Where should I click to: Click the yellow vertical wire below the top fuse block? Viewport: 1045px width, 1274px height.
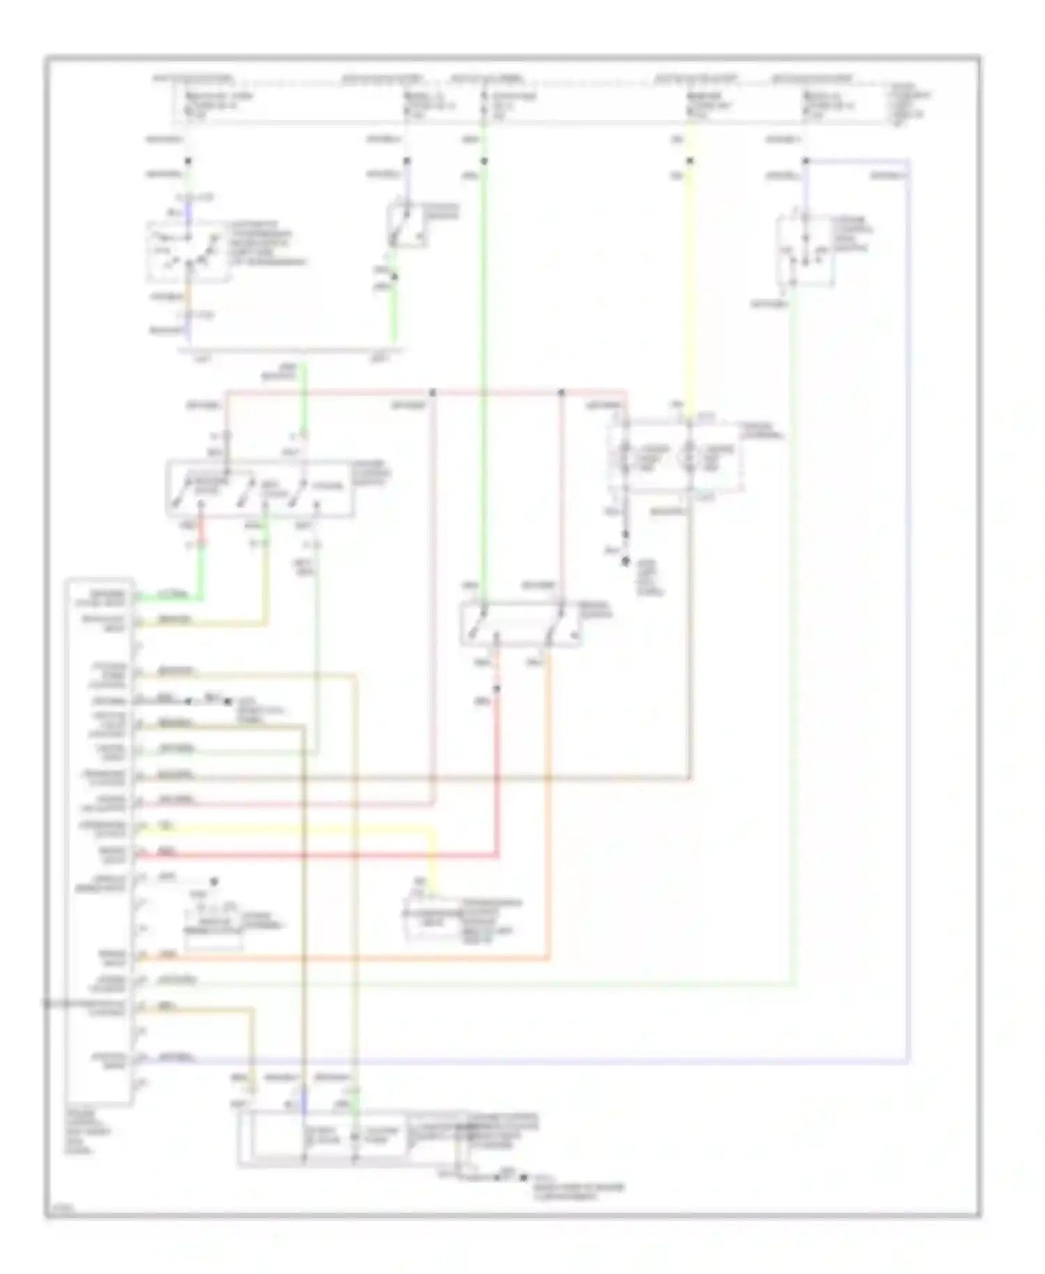[x=689, y=293]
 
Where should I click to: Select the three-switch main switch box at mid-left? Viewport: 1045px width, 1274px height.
[x=259, y=489]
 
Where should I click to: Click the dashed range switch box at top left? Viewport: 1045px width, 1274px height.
[x=187, y=252]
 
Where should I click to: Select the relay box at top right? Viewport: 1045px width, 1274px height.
[x=804, y=251]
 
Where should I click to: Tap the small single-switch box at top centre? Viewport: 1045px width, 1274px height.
[x=407, y=224]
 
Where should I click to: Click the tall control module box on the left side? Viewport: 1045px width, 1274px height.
[x=99, y=840]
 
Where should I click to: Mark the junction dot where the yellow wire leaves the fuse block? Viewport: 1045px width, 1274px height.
[x=689, y=162]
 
